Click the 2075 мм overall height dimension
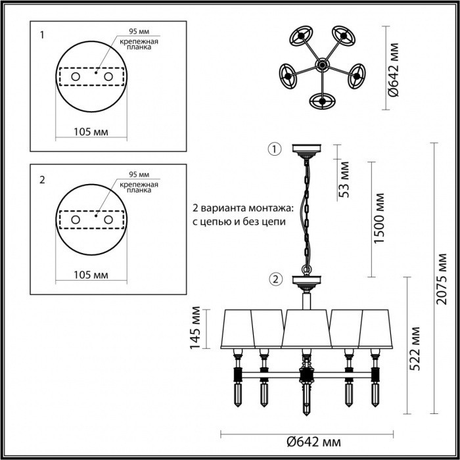point(444,275)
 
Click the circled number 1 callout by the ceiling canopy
point(274,149)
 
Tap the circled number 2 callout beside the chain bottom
point(274,281)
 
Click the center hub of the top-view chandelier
point(322,65)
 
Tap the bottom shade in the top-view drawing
point(322,101)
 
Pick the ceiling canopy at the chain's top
point(306,149)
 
